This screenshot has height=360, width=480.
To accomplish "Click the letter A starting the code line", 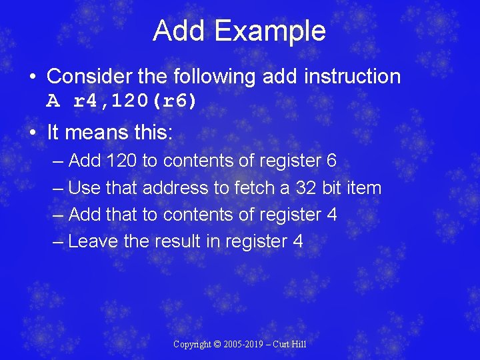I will click(x=53, y=101).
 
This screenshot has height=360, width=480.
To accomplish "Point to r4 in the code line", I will click(x=86, y=101).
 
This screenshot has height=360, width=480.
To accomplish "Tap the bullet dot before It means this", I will click(x=33, y=132).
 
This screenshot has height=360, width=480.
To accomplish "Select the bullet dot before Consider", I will click(x=33, y=77).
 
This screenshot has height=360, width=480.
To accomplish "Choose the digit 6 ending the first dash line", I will click(x=331, y=161).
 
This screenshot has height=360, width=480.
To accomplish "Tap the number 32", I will click(x=306, y=188).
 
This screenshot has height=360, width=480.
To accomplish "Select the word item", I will click(x=364, y=188).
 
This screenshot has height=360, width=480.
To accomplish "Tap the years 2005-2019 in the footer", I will click(x=247, y=345).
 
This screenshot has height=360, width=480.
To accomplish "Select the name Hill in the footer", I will click(x=299, y=345).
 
